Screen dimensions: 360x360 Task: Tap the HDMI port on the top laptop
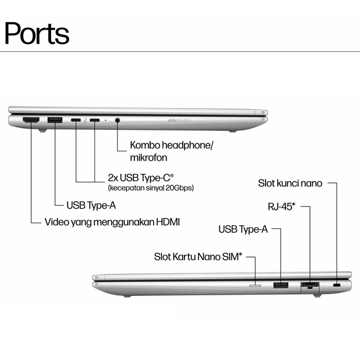pyautogui.click(x=30, y=120)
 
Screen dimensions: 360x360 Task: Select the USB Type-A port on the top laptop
pyautogui.click(x=55, y=120)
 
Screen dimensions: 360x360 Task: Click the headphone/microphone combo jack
pyautogui.click(x=118, y=120)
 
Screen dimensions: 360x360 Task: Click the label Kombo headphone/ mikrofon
pyautogui.click(x=172, y=151)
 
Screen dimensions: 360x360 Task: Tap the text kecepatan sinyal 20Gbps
pyautogui.click(x=151, y=188)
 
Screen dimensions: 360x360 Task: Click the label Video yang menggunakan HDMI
pyautogui.click(x=112, y=221)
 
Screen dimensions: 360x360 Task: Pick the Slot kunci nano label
pyautogui.click(x=290, y=183)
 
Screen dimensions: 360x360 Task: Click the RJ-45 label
pyautogui.click(x=281, y=206)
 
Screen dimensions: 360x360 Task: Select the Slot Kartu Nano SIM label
pyautogui.click(x=198, y=257)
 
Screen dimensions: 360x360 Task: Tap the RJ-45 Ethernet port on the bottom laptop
pyautogui.click(x=310, y=285)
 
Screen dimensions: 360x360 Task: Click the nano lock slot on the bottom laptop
pyautogui.click(x=337, y=286)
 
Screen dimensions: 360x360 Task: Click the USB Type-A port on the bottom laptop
pyautogui.click(x=281, y=286)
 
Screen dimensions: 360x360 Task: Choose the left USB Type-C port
pyautogui.click(x=75, y=120)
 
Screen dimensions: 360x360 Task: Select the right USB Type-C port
pyautogui.click(x=94, y=120)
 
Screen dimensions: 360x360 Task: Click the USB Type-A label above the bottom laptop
pyautogui.click(x=242, y=229)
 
